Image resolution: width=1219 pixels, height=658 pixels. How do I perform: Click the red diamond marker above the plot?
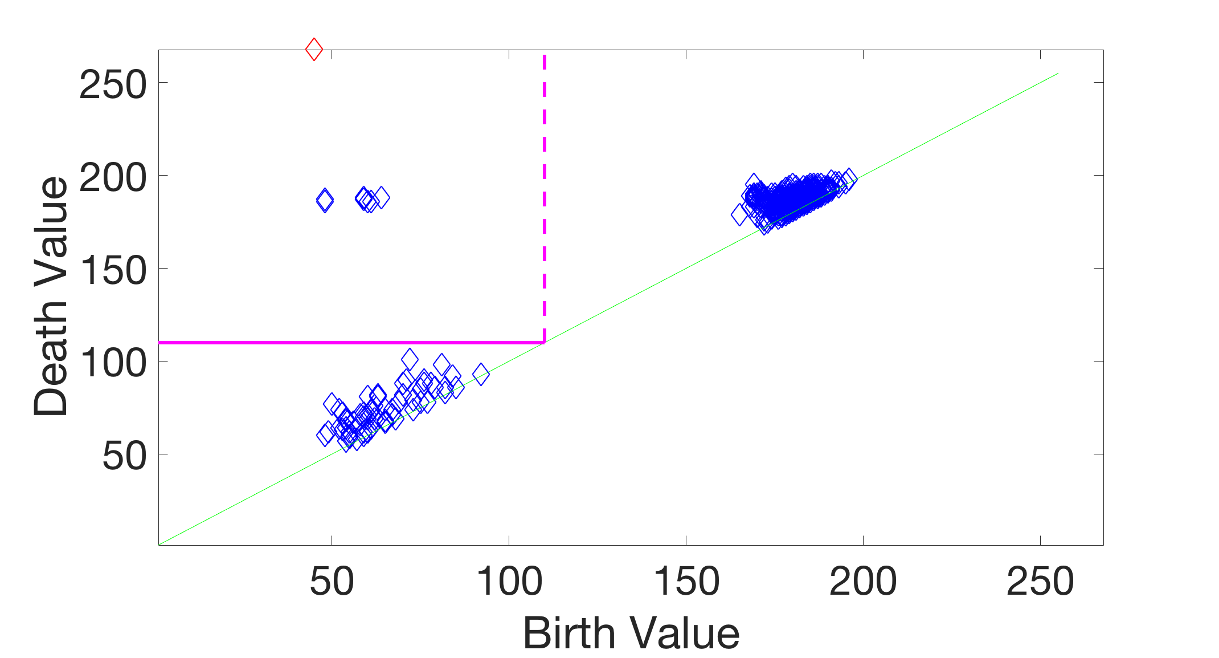click(x=314, y=50)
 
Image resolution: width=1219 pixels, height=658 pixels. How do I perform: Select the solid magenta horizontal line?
click(x=342, y=342)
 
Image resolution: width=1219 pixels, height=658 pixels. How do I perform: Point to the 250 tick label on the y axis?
click(x=113, y=86)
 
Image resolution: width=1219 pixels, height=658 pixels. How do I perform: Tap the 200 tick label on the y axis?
click(x=113, y=178)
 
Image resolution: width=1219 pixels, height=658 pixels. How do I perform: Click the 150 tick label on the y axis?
click(x=113, y=271)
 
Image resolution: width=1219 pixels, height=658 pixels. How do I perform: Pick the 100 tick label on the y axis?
click(x=113, y=364)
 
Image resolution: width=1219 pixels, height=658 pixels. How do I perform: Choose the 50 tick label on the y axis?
click(x=124, y=457)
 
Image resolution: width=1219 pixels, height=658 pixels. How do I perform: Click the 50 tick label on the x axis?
click(x=332, y=582)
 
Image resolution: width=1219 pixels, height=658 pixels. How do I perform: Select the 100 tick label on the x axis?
click(x=509, y=582)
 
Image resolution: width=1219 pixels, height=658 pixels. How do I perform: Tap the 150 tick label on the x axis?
click(x=686, y=582)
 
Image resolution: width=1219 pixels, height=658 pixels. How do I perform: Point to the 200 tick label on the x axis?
click(x=863, y=582)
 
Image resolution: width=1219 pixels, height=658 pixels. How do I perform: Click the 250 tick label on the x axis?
click(x=1040, y=582)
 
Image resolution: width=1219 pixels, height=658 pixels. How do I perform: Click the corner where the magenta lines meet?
click(x=545, y=342)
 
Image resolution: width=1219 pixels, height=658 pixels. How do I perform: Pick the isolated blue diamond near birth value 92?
click(x=481, y=374)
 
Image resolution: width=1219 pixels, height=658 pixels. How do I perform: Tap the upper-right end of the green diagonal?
click(x=1058, y=74)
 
